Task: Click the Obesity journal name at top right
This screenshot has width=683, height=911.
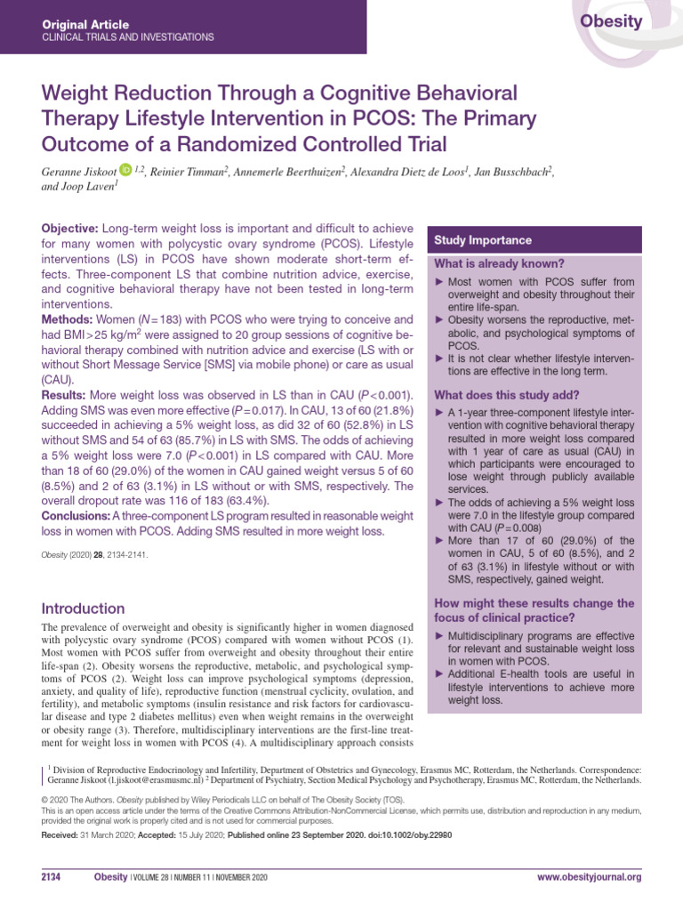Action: point(611,22)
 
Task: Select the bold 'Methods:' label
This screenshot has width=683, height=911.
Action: point(69,318)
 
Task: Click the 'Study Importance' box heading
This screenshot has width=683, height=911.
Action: point(483,240)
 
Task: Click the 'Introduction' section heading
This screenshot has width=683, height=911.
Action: point(84,609)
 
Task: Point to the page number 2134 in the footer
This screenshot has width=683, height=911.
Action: point(51,877)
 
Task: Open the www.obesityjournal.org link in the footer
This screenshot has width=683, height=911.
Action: point(589,877)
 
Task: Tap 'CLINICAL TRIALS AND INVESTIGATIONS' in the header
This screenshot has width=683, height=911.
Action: point(128,37)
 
